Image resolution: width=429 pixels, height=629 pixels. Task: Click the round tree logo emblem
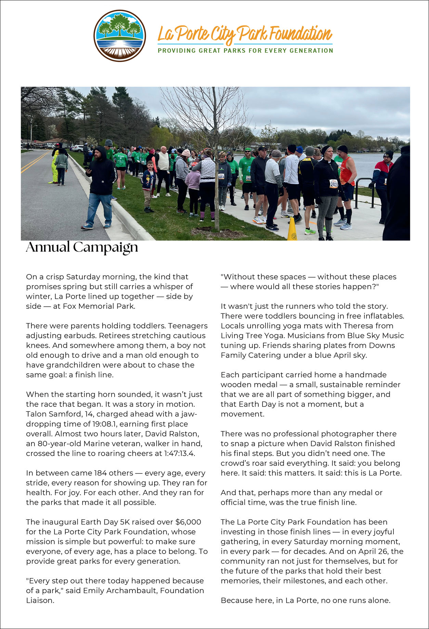tap(120, 36)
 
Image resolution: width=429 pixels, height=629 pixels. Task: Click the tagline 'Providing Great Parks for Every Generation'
tap(245, 51)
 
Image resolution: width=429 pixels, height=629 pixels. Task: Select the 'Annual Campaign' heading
tap(82, 247)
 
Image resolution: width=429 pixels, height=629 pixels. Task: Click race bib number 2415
tap(334, 184)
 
